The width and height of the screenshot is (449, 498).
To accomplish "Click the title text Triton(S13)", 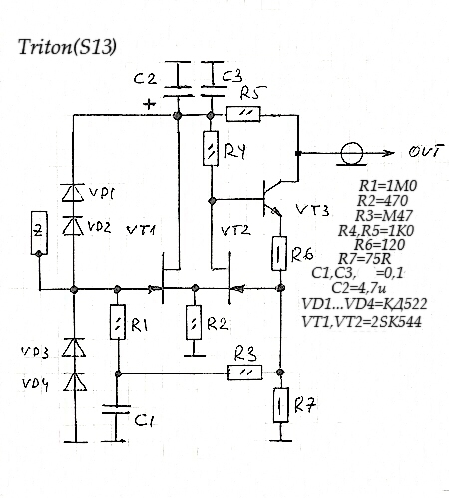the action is coord(68,47).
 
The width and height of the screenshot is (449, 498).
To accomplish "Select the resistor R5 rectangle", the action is coord(243,114).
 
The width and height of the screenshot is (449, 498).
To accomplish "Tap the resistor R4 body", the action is coord(211,148).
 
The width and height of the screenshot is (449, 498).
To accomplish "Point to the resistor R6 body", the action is coord(279,253).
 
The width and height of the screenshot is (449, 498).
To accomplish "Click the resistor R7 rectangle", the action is coord(281,405).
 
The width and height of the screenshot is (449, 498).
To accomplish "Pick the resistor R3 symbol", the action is coord(245,373).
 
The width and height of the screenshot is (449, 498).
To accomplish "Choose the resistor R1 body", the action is coord(118,322).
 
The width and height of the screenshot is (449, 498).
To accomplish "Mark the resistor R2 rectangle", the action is coord(194,322).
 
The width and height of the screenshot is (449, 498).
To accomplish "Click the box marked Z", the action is coord(39,233).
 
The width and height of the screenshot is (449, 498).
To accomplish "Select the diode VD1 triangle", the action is coord(73,193).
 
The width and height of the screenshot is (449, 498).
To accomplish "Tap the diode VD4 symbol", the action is coord(75,381).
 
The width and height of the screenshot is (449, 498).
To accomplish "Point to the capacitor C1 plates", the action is coord(116,409).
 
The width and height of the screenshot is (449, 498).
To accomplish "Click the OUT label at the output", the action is coord(426,151).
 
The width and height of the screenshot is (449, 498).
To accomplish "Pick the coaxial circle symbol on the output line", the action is coord(352,154).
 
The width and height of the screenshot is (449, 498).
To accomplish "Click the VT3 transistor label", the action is coord(312,210).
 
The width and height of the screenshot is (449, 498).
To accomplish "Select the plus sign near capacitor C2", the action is coord(149,104).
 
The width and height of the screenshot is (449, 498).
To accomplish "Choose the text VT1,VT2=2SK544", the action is coord(361,322).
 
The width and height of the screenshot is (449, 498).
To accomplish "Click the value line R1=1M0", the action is coord(388,186).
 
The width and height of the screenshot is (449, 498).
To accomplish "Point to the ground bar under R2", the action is coord(195,356).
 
